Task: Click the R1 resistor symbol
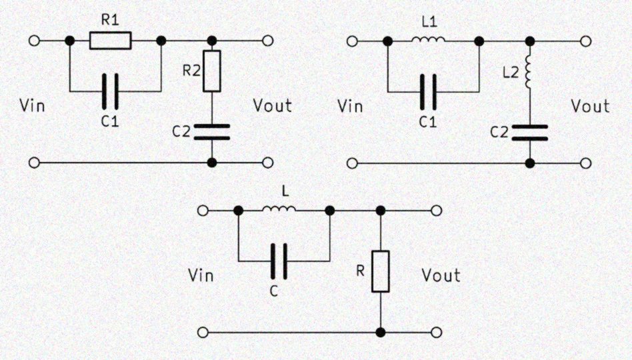pyautogui.click(x=111, y=41)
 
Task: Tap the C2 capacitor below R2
pyautogui.click(x=212, y=132)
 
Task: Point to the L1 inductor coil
pyautogui.click(x=428, y=41)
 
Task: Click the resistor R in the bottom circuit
pyautogui.click(x=381, y=271)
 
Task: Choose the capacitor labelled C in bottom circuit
pyautogui.click(x=281, y=261)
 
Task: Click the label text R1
pyautogui.click(x=111, y=20)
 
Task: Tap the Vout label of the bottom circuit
pyautogui.click(x=441, y=275)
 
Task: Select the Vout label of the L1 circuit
pyautogui.click(x=591, y=105)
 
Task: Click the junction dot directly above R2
pyautogui.click(x=212, y=41)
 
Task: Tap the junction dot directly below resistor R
pyautogui.click(x=381, y=332)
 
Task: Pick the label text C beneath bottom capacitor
pyautogui.click(x=281, y=291)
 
